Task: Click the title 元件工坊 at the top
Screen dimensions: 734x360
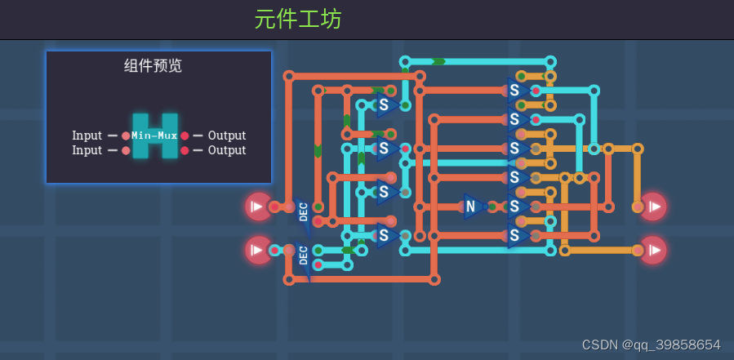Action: coord(298,19)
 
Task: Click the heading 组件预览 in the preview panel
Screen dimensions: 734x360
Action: coord(153,66)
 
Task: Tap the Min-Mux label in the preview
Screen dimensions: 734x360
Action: coord(154,136)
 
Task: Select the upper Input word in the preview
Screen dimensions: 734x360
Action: coord(87,136)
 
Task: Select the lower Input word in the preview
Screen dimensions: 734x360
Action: coord(87,150)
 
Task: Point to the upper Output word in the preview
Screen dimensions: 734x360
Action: coord(227,136)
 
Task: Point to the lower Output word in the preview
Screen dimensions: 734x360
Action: coord(227,150)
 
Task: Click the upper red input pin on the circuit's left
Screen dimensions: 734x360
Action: coord(258,207)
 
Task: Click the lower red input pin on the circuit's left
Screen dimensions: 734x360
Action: coord(258,250)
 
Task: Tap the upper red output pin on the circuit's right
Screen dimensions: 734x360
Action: coord(653,207)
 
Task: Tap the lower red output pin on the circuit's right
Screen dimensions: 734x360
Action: coord(653,250)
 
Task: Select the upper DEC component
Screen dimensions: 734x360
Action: coord(303,211)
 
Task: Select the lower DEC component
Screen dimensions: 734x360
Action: coord(303,255)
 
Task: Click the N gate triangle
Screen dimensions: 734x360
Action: coord(472,207)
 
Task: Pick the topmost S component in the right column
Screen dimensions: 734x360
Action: coord(516,91)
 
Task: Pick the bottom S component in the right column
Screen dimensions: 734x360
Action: coord(516,236)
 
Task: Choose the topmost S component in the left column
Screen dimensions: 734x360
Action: coord(385,105)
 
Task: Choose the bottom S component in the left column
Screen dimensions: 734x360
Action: coord(385,236)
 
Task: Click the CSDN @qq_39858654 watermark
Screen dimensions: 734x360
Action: coord(651,344)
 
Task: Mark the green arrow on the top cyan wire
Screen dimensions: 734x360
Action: coord(438,61)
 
